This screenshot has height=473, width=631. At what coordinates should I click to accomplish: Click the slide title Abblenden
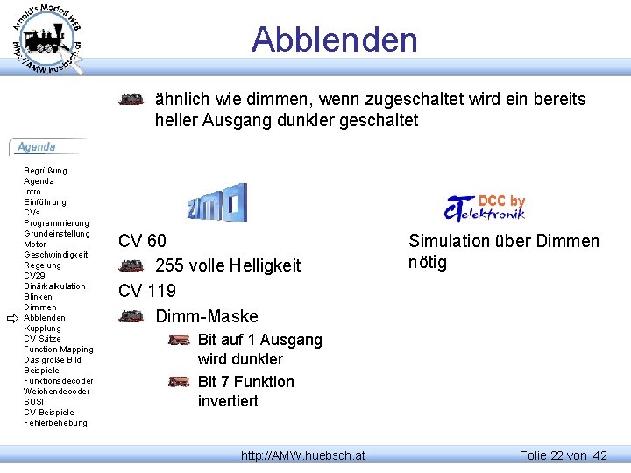(334, 39)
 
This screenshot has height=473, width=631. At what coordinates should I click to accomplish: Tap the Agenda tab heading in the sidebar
(37, 147)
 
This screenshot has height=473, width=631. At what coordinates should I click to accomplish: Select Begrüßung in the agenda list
(46, 171)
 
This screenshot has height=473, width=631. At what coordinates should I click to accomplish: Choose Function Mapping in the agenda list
(58, 349)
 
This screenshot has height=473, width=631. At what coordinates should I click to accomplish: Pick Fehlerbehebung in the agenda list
(55, 423)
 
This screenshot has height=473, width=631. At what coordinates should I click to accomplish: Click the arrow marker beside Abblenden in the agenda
(12, 318)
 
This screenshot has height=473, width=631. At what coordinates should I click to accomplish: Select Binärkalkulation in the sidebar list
(54, 286)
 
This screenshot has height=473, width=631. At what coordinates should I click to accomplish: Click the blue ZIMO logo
(216, 202)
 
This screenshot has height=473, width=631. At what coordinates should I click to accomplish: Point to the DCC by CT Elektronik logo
(485, 207)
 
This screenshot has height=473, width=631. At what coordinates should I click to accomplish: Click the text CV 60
(142, 241)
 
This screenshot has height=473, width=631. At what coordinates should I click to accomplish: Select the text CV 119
(146, 291)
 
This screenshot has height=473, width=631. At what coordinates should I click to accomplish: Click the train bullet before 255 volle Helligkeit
(131, 265)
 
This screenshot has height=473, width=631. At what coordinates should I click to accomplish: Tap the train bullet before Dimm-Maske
(131, 316)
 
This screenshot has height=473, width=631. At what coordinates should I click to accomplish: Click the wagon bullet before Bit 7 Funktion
(179, 382)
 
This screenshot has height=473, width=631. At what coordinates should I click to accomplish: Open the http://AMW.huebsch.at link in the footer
(303, 455)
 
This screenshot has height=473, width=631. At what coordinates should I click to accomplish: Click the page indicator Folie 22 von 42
(563, 455)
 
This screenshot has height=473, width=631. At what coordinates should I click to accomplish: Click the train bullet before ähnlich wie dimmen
(131, 100)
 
